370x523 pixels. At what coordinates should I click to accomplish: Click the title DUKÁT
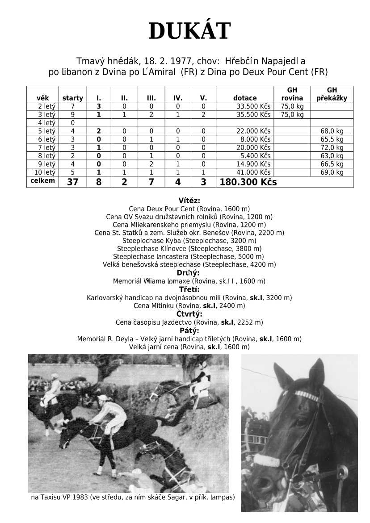[x=189, y=31]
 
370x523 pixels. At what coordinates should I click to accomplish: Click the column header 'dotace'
[x=245, y=98]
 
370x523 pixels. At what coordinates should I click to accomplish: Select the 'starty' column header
[x=72, y=98]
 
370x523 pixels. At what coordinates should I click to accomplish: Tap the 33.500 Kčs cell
[x=253, y=106]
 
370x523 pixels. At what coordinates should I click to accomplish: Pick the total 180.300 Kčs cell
[x=248, y=182]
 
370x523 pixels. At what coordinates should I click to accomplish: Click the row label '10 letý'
[x=43, y=172]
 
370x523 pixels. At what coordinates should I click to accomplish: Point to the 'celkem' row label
[x=42, y=180]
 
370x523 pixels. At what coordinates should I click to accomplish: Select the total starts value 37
[x=72, y=182]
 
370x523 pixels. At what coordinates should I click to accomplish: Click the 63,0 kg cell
[x=332, y=156]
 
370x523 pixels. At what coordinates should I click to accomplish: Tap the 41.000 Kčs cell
[x=253, y=172]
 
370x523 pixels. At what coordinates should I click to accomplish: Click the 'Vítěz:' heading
[x=189, y=201]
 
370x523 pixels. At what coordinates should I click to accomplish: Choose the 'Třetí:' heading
[x=189, y=289]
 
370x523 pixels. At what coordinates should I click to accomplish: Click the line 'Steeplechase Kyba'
[x=189, y=241]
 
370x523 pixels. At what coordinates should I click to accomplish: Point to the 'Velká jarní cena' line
[x=189, y=347]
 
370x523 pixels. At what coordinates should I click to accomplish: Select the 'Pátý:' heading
[x=189, y=331]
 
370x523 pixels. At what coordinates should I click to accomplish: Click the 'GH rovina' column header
[x=292, y=94]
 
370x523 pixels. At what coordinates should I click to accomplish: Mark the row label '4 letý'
[x=43, y=123]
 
